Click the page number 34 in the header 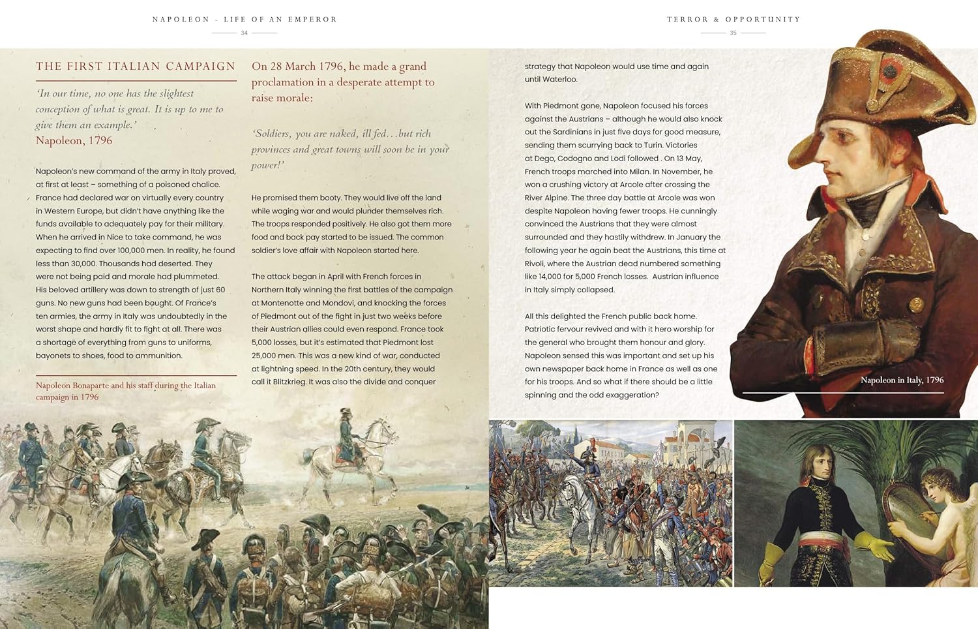[x=244, y=33]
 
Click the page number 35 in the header [x=733, y=33]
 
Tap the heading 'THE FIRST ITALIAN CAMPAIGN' [x=136, y=66]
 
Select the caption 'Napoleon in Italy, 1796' [x=902, y=380]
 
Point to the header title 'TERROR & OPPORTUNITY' [x=733, y=20]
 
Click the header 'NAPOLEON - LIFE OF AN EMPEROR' [x=244, y=20]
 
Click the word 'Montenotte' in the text [x=283, y=303]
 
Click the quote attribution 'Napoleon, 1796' [x=74, y=140]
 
